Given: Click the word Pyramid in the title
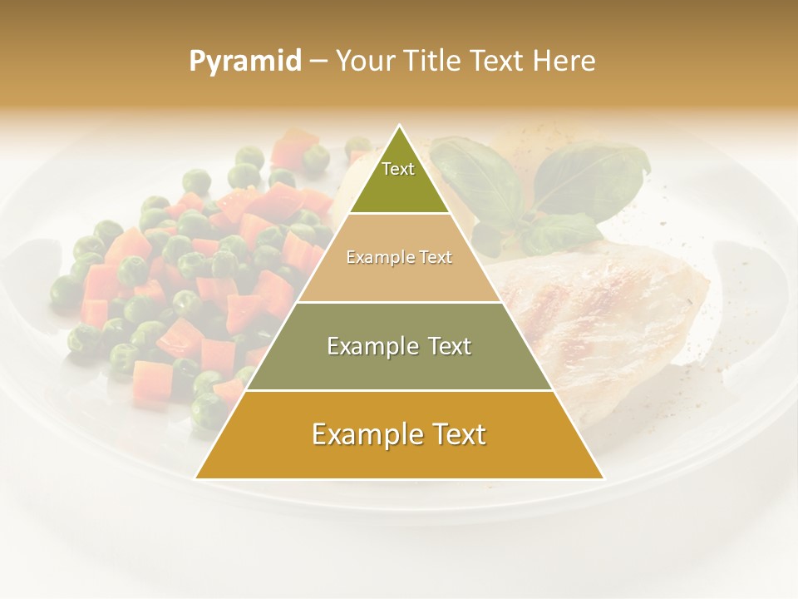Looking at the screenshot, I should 244,62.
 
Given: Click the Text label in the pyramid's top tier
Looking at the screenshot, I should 398,169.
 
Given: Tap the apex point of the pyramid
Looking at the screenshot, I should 400,126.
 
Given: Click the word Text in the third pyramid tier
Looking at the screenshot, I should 446,346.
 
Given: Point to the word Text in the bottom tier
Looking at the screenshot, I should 454,434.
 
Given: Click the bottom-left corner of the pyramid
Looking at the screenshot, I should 195,478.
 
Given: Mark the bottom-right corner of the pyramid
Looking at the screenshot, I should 603,478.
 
